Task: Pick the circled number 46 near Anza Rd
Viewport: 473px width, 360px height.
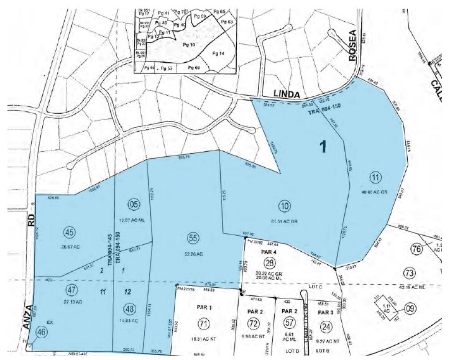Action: pos(42,333)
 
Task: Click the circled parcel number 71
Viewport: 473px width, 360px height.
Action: pos(202,323)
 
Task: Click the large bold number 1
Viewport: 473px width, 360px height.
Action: pos(323,147)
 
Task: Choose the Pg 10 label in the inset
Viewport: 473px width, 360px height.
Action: pos(189,45)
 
